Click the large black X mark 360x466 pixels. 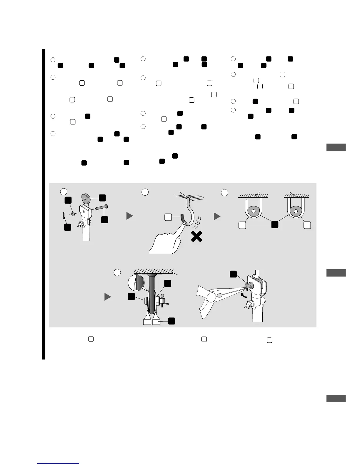tap(196, 236)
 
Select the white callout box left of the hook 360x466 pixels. tap(168, 217)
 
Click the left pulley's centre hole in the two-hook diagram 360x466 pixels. tap(253, 211)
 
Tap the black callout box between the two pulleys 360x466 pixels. tap(274, 225)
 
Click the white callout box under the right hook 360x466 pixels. tap(307, 225)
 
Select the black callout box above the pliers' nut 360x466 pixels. tap(233, 274)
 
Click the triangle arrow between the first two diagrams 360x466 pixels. tap(129, 216)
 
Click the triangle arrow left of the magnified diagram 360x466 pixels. tap(108, 297)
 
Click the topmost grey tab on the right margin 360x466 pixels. tap(336, 147)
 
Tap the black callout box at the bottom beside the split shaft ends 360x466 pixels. tap(172, 321)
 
